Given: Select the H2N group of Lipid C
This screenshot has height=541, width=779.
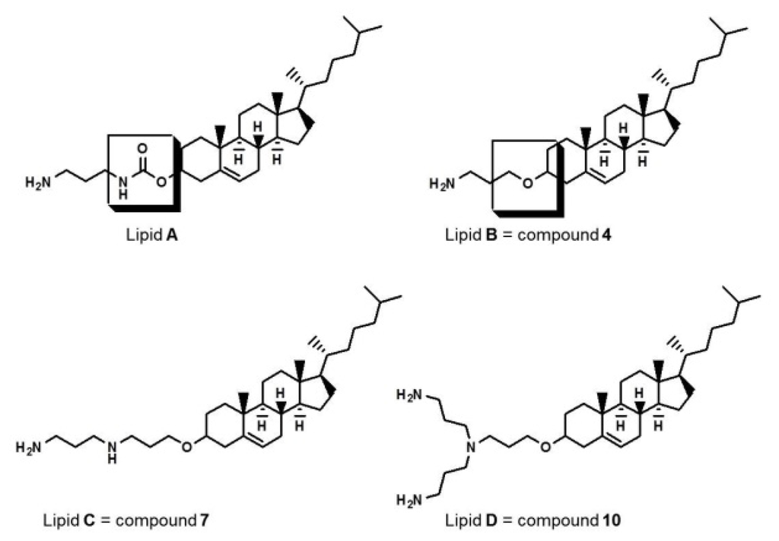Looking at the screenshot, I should tap(27, 443).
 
